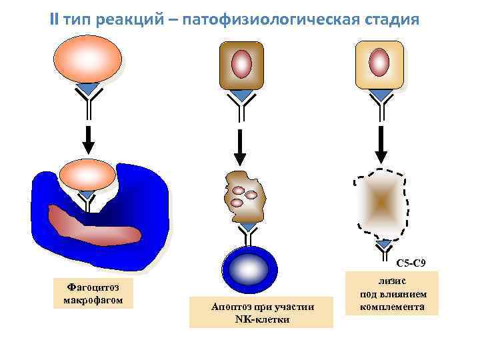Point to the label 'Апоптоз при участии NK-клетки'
[261, 312]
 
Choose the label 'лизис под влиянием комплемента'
[392, 293]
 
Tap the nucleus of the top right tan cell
[379, 63]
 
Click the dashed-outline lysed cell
[380, 203]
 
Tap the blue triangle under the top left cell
[88, 89]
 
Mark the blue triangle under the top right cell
[381, 95]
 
